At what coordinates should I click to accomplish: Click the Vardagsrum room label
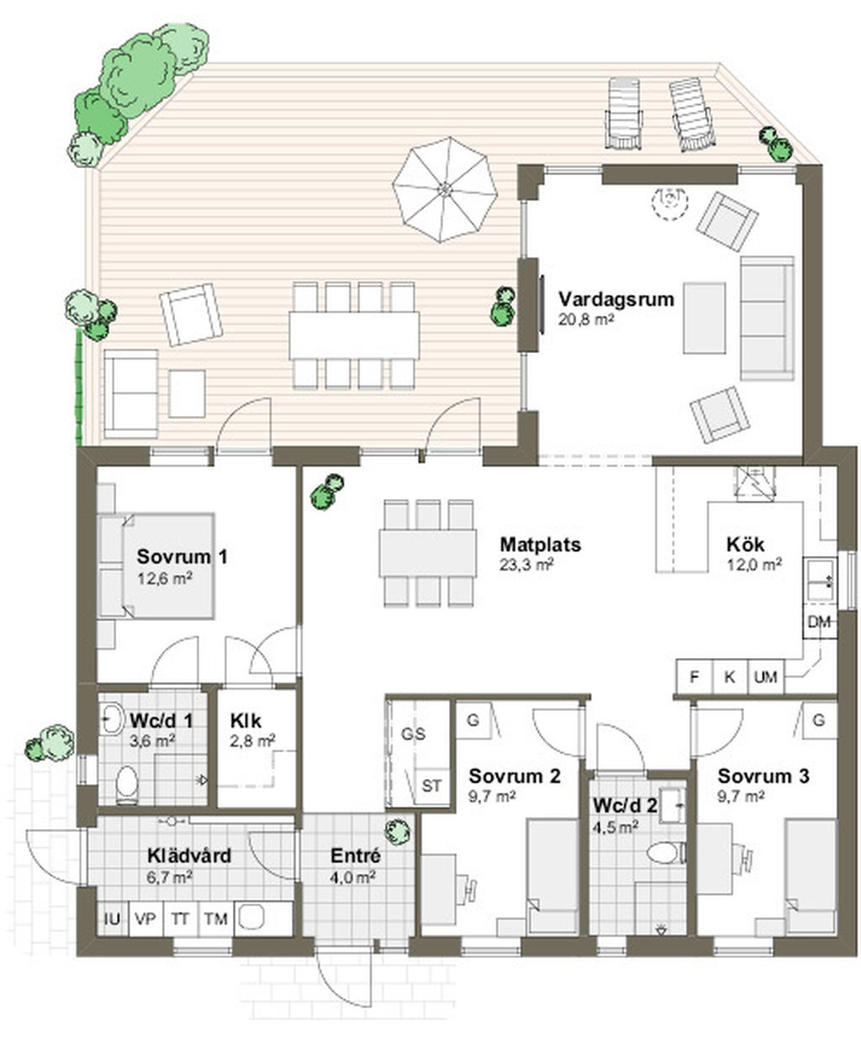click(615, 299)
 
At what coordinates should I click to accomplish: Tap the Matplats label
click(539, 545)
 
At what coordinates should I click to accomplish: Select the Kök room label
click(746, 545)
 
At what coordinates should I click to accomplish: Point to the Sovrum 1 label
click(182, 556)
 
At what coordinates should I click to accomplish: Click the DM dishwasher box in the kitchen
click(819, 623)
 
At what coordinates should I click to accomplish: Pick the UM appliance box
click(765, 676)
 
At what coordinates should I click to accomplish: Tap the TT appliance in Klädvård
click(180, 919)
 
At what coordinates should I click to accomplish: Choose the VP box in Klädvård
click(146, 919)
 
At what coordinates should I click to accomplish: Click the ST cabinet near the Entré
click(432, 787)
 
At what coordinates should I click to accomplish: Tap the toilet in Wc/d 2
click(663, 853)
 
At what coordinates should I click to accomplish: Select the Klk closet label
click(246, 720)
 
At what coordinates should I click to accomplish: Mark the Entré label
click(355, 856)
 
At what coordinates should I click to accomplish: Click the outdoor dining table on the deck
click(354, 335)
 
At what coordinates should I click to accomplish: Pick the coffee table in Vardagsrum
click(704, 318)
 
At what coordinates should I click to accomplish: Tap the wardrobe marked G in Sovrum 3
click(819, 720)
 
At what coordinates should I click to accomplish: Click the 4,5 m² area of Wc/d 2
click(615, 826)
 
